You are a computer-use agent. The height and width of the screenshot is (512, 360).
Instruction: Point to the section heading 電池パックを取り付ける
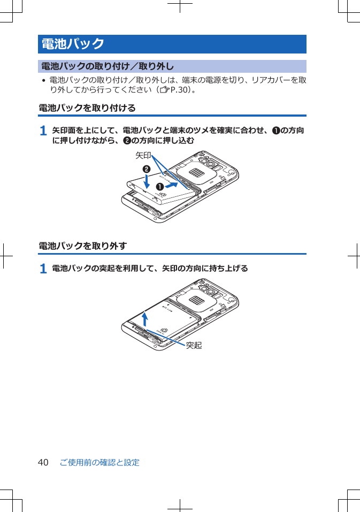(x=87, y=108)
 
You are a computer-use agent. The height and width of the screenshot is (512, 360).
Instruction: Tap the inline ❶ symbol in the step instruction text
(x=275, y=131)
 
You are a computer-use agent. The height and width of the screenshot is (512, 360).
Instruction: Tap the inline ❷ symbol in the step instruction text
(x=127, y=140)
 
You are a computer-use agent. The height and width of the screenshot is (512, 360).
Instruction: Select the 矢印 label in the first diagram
(x=143, y=156)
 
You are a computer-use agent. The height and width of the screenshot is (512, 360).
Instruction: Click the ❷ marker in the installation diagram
(x=145, y=169)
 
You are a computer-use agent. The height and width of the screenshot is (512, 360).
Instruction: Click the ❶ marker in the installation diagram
(x=159, y=187)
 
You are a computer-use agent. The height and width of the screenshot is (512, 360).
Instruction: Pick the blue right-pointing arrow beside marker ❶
(x=171, y=186)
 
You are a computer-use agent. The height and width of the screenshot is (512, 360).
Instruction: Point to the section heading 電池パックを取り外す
(x=83, y=246)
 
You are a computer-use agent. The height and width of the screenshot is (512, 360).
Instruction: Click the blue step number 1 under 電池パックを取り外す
(x=43, y=269)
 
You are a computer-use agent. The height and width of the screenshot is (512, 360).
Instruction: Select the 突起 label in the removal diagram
(x=194, y=346)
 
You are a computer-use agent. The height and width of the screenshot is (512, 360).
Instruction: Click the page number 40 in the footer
(x=43, y=462)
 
